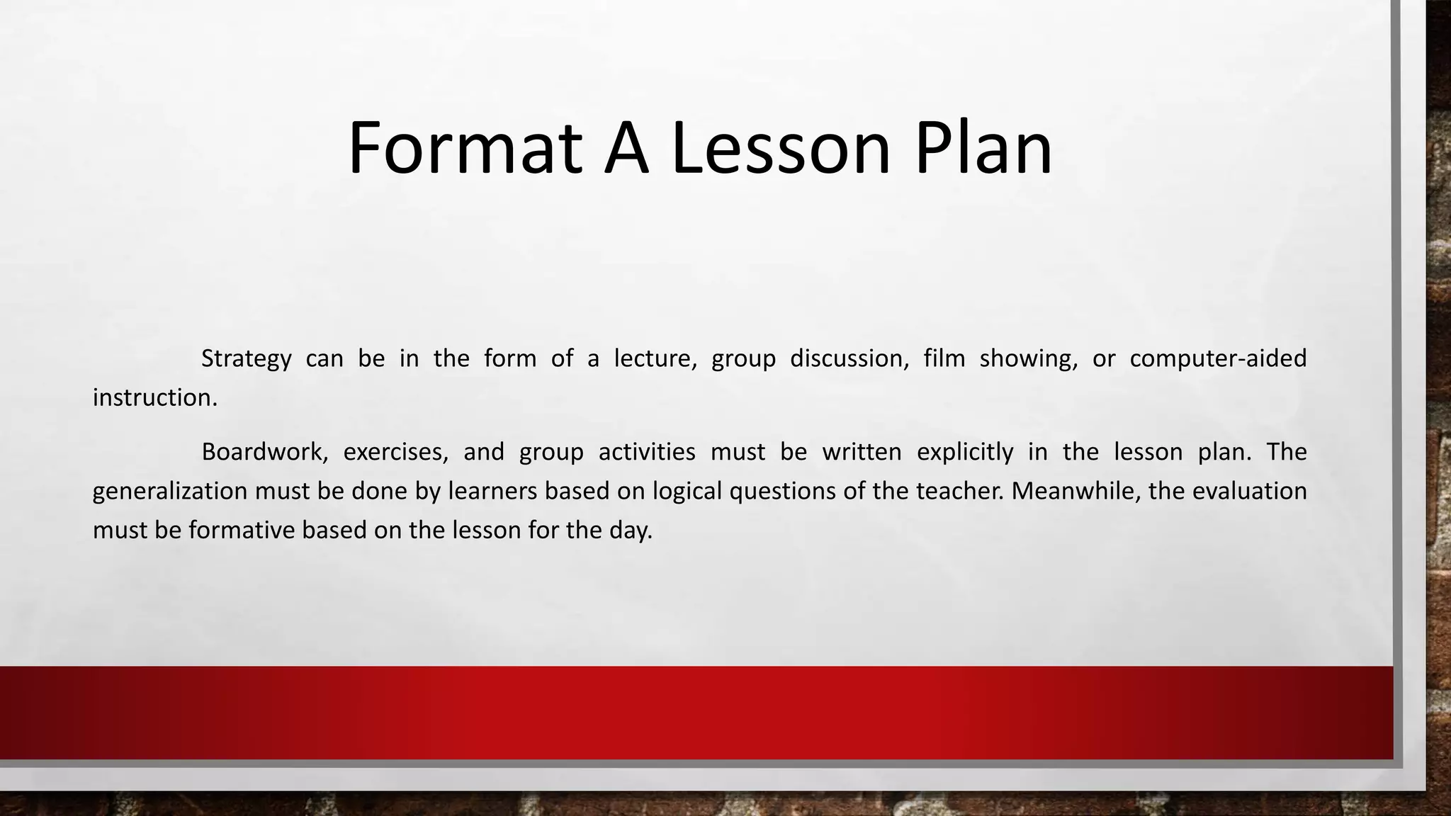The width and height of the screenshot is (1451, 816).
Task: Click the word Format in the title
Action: click(x=465, y=148)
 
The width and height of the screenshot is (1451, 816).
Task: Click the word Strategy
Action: click(x=246, y=359)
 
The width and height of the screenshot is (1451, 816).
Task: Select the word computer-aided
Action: click(x=1218, y=359)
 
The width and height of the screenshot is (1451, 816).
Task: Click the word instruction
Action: click(x=154, y=398)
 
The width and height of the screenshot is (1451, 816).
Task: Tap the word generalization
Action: click(x=170, y=491)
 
